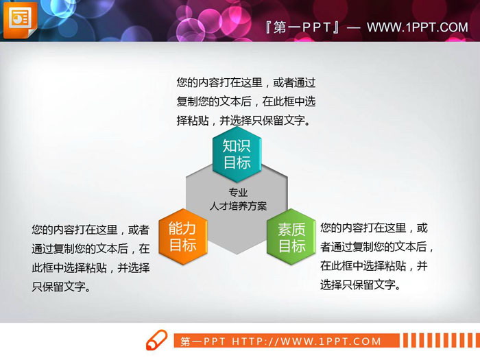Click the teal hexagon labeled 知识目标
click(x=237, y=154)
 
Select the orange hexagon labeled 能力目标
click(x=182, y=237)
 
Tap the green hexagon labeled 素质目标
click(x=291, y=237)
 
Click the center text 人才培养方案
click(x=238, y=206)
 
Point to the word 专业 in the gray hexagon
click(x=238, y=193)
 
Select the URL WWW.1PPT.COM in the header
click(x=417, y=27)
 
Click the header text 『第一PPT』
click(x=302, y=27)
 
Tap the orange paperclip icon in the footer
click(x=156, y=340)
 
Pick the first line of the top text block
click(x=245, y=82)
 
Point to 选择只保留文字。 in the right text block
click(x=359, y=285)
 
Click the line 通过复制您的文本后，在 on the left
click(x=91, y=249)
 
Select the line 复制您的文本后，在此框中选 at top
click(x=245, y=101)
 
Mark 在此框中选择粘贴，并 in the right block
click(x=374, y=265)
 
